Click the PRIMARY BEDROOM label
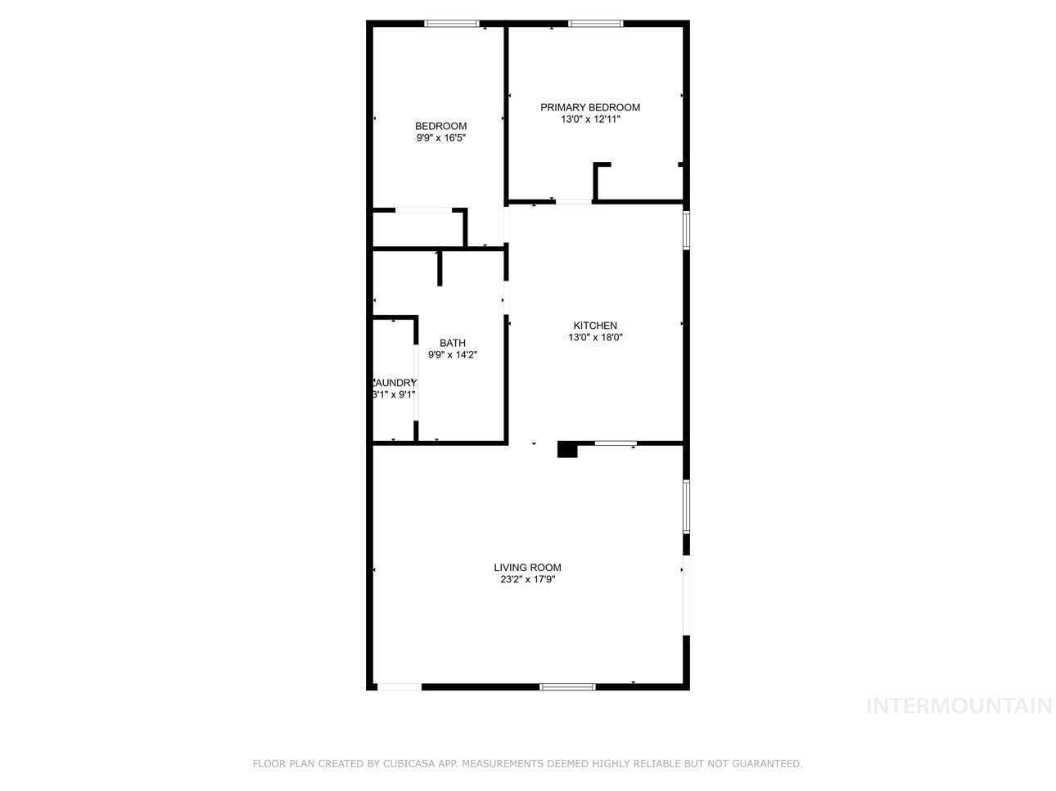click(x=589, y=107)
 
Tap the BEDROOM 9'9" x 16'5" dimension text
click(x=440, y=138)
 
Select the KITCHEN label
click(x=594, y=326)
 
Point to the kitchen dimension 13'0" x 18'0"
click(x=595, y=337)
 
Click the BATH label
click(x=452, y=343)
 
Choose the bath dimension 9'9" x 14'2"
click(x=452, y=355)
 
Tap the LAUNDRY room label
click(x=395, y=383)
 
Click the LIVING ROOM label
click(x=527, y=568)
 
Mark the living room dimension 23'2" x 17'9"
click(x=527, y=580)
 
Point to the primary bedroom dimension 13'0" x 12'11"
click(x=589, y=119)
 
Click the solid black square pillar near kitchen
click(x=566, y=449)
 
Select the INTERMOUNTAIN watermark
click(x=959, y=706)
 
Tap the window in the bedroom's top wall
click(x=451, y=24)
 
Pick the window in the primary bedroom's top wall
click(x=595, y=24)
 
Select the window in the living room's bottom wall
click(x=567, y=686)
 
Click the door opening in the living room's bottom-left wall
click(x=399, y=686)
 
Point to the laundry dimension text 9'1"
click(x=406, y=394)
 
